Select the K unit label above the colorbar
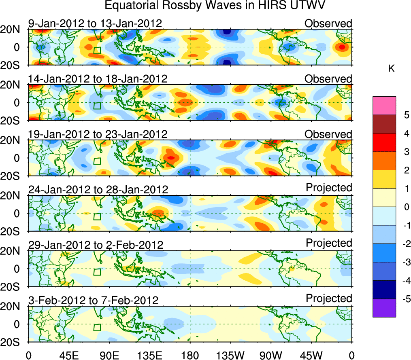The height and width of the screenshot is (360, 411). point(391,69)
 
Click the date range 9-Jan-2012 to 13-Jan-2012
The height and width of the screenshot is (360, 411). point(95,23)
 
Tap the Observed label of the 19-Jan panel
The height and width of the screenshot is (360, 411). point(328,134)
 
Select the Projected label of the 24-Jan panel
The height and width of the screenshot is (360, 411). point(329,188)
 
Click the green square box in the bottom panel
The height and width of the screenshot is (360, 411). point(97,327)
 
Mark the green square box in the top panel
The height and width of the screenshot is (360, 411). point(97,50)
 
